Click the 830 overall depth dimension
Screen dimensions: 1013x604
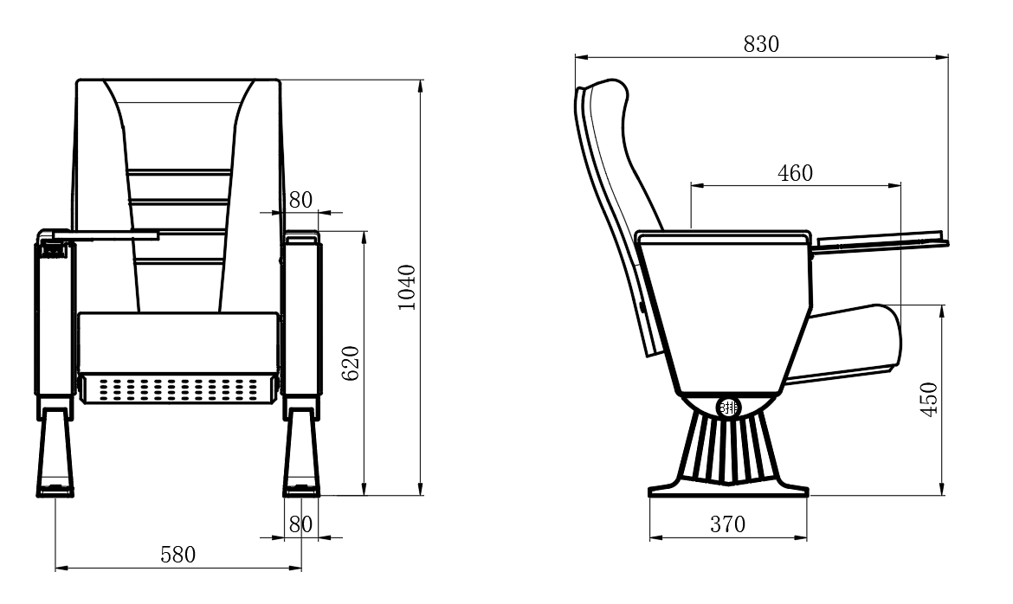[761, 45]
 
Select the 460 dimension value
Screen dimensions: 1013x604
[796, 173]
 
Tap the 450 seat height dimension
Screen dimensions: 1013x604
[928, 399]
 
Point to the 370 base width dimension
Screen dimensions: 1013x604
[728, 524]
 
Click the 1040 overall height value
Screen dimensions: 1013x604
[406, 287]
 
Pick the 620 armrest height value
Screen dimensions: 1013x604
[350, 363]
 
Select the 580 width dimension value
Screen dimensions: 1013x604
[177, 555]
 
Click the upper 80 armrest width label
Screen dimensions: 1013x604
[300, 200]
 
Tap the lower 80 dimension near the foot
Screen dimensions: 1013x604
[300, 524]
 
